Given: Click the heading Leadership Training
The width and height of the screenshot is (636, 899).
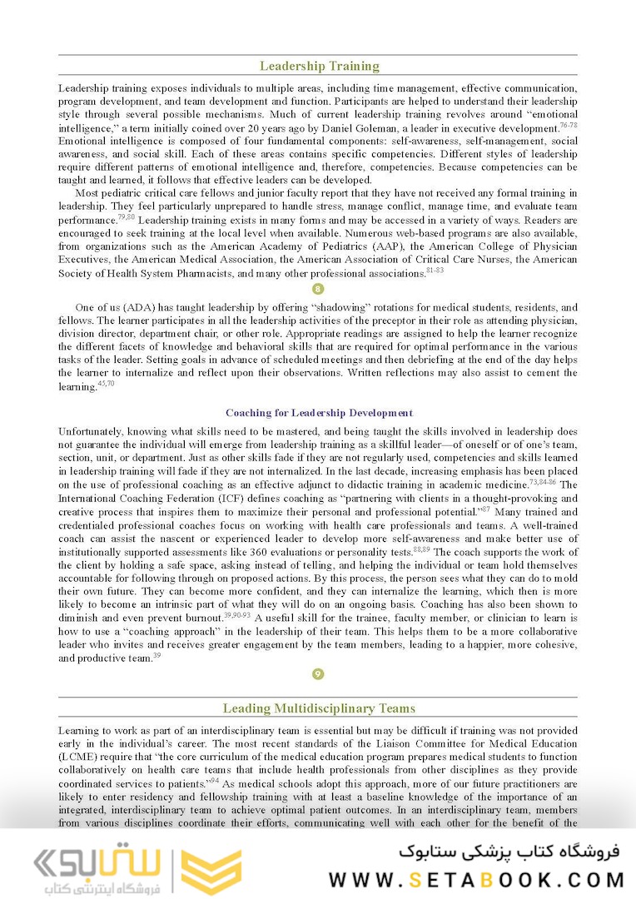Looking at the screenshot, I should (319, 67).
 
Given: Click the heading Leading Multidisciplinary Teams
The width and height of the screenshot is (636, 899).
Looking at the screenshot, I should (319, 708).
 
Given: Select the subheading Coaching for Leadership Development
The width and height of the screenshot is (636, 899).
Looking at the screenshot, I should (319, 413).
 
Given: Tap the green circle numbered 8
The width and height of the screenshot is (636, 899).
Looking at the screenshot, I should (317, 290).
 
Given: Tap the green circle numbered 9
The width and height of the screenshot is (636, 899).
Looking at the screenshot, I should (317, 674).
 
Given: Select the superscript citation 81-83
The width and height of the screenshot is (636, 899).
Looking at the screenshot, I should (435, 271).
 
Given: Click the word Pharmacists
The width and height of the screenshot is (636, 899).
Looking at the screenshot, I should (206, 273).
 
